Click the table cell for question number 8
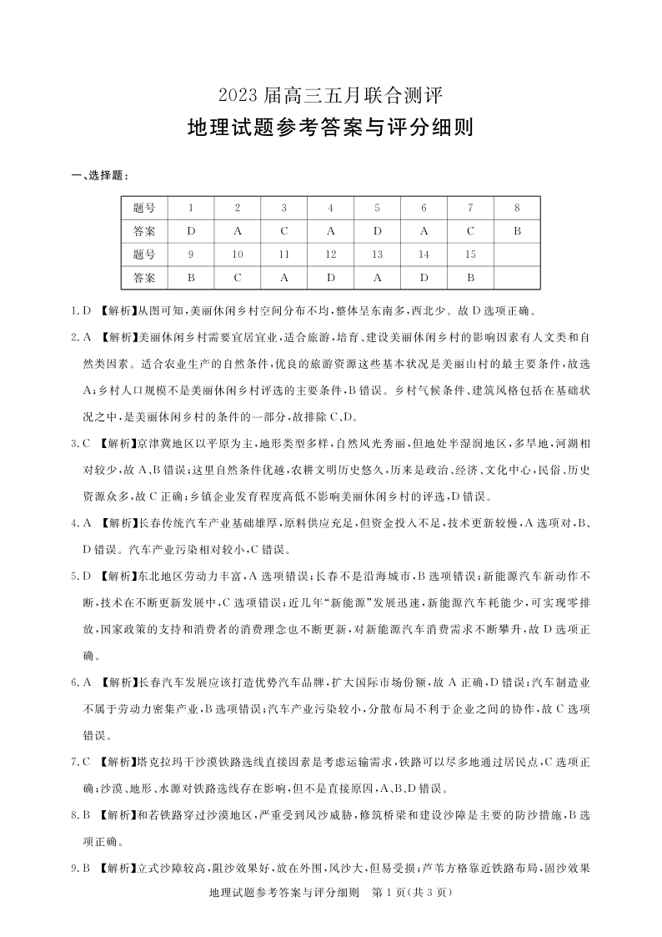(x=517, y=208)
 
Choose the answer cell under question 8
(x=517, y=230)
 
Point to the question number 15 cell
(x=470, y=254)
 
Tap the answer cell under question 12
(x=330, y=277)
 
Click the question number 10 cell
(x=238, y=254)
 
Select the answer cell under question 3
(x=284, y=230)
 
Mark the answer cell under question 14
(x=424, y=277)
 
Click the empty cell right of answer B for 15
(x=517, y=277)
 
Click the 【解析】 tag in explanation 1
(x=118, y=310)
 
